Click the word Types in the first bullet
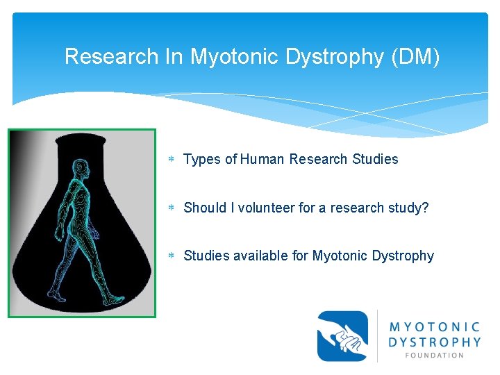pos(202,159)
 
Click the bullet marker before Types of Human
pos(172,160)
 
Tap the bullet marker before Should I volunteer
pos(172,208)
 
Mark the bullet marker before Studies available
pos(172,256)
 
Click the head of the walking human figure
pos(81,169)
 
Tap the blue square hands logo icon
pos(342,336)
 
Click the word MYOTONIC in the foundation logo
pos(435,326)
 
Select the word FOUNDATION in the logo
pos(435,355)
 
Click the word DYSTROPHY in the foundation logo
pos(435,341)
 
